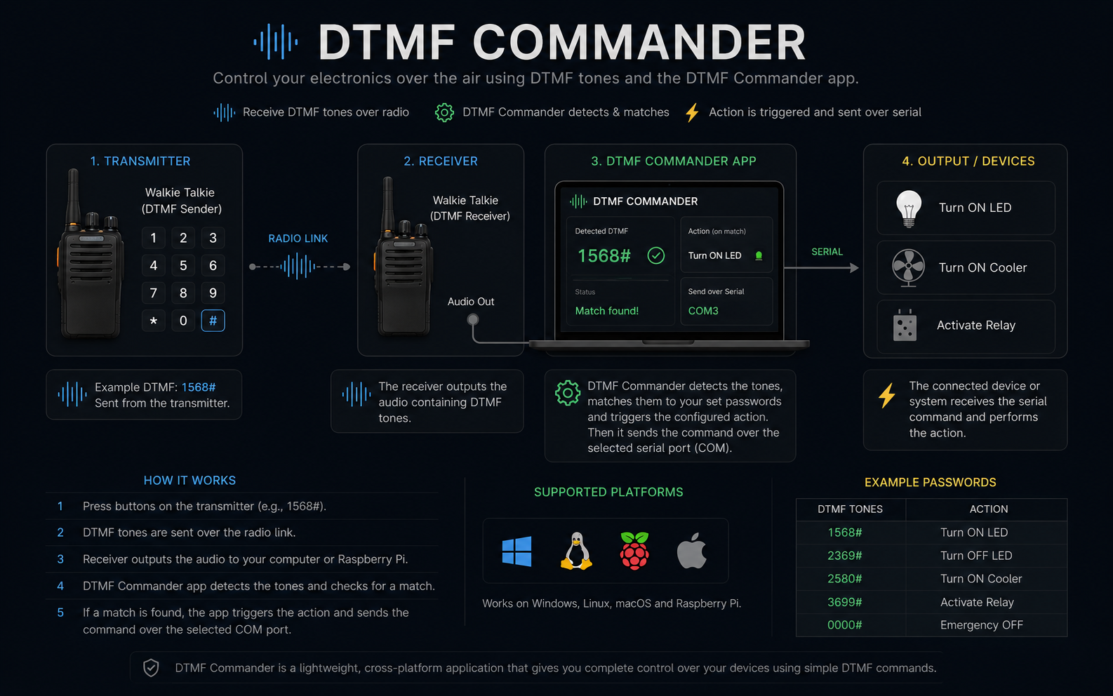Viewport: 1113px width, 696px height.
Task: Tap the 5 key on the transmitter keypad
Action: point(183,265)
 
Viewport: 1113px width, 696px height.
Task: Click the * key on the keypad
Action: point(154,321)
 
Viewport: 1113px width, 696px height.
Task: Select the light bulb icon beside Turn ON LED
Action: point(909,208)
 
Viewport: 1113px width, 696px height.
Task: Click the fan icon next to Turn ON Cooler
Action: point(908,268)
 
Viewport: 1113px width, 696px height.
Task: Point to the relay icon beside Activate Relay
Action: point(905,326)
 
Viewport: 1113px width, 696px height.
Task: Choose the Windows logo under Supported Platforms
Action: point(516,551)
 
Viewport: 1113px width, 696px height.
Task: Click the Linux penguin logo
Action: point(576,551)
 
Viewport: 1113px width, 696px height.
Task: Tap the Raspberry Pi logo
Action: point(634,551)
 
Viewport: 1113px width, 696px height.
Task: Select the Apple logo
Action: point(692,550)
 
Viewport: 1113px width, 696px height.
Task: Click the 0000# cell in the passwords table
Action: point(844,625)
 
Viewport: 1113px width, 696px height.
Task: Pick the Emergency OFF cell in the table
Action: point(981,625)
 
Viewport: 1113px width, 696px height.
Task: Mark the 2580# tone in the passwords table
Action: point(844,579)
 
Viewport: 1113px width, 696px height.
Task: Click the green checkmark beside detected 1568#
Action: point(656,255)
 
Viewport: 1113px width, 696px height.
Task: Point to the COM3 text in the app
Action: point(703,311)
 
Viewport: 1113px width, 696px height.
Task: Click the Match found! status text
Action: point(607,311)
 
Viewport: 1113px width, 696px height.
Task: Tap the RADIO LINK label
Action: point(298,239)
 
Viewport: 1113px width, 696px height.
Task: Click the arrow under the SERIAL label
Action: point(821,268)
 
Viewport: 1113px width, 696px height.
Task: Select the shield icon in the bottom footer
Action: point(151,668)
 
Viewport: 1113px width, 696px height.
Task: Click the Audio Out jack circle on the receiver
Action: point(473,319)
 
